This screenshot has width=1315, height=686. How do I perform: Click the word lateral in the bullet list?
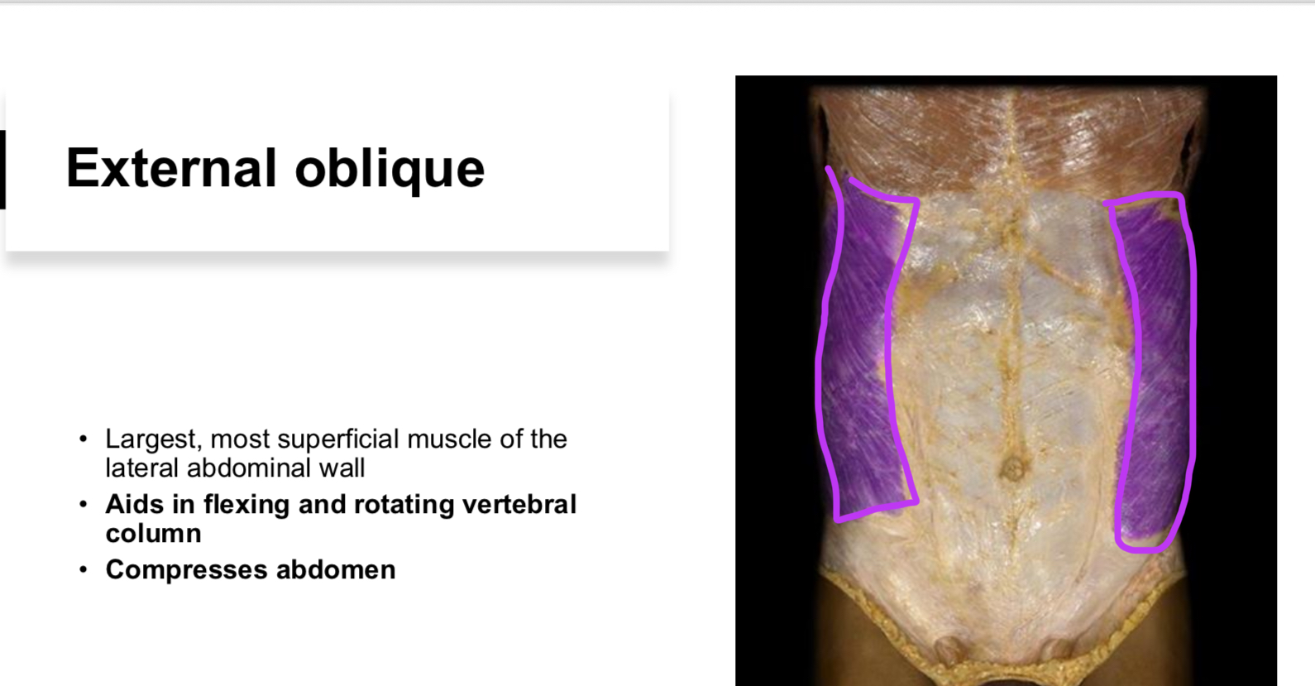click(x=142, y=468)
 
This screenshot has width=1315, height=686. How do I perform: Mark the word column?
click(x=153, y=534)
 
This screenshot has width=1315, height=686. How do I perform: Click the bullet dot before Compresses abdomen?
click(x=83, y=569)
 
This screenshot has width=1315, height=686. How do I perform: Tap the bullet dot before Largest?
click(x=83, y=439)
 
